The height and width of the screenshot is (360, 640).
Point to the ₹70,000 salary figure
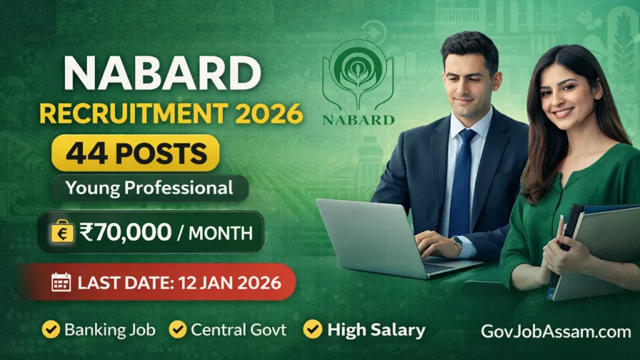(125, 232)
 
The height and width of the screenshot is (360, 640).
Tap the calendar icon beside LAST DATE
(61, 282)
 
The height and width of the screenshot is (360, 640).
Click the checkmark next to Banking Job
(51, 329)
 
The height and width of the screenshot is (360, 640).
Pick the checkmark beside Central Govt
(177, 329)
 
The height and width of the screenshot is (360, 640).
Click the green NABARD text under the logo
(358, 119)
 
